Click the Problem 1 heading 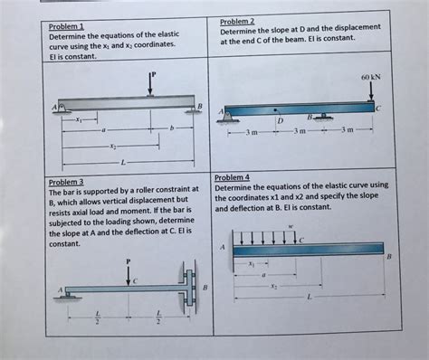pyautogui.click(x=66, y=26)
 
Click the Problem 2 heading pyautogui.click(x=237, y=22)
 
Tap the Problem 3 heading pyautogui.click(x=66, y=182)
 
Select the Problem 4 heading pyautogui.click(x=232, y=177)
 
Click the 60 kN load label pyautogui.click(x=371, y=77)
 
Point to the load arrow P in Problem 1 pyautogui.click(x=150, y=85)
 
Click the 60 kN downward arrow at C pyautogui.click(x=371, y=91)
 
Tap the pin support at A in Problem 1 pyautogui.click(x=62, y=109)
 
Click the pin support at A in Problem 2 pyautogui.click(x=228, y=118)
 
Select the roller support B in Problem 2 pyautogui.click(x=323, y=117)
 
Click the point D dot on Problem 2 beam pyautogui.click(x=275, y=110)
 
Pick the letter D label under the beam pyautogui.click(x=281, y=121)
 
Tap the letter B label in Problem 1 pyautogui.click(x=199, y=106)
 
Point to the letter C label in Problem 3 pyautogui.click(x=135, y=281)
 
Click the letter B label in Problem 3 pyautogui.click(x=205, y=288)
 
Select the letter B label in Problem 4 pyautogui.click(x=389, y=257)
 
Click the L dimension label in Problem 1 pyautogui.click(x=123, y=163)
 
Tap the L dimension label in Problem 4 pyautogui.click(x=309, y=298)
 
